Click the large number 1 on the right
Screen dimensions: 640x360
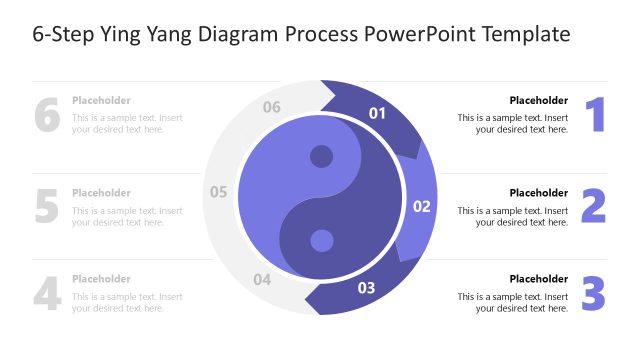tap(596, 115)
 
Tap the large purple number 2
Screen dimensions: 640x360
tap(594, 205)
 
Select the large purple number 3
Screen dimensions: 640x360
tap(594, 294)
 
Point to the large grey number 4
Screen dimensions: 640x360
tap(47, 294)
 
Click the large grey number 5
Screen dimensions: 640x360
tap(47, 205)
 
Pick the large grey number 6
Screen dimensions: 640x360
tap(47, 115)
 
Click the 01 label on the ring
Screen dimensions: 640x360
tap(377, 113)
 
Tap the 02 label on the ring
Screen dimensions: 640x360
tap(421, 207)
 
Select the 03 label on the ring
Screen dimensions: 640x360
tap(366, 289)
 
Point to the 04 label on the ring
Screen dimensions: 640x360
tap(262, 280)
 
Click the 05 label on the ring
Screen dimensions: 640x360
tap(219, 192)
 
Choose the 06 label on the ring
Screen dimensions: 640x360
tap(272, 107)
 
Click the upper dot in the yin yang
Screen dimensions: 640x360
tap(321, 157)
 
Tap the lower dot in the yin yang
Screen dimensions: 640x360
tap(321, 240)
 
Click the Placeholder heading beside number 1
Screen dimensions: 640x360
tap(538, 100)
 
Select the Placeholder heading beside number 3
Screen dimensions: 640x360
tap(538, 279)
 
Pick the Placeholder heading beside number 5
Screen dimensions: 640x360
tap(101, 193)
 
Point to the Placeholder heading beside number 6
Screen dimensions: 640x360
tap(101, 100)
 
